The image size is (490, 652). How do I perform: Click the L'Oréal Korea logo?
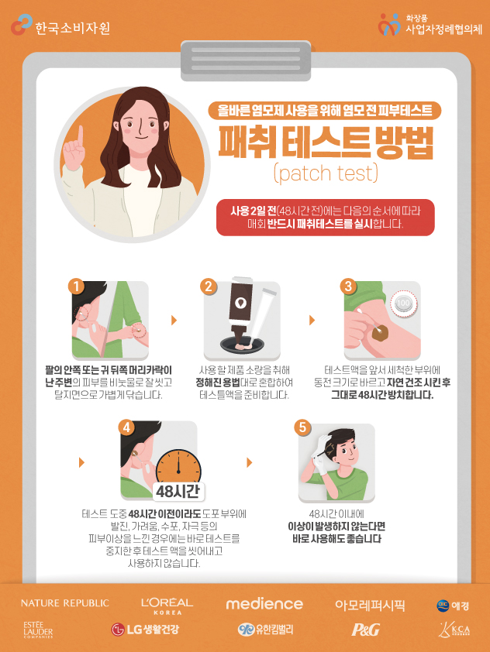(x=167, y=606)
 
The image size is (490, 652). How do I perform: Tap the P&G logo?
(x=366, y=630)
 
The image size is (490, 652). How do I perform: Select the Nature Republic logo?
(x=65, y=603)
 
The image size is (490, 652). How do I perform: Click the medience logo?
(x=264, y=604)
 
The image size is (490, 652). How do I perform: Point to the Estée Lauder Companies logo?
(x=38, y=630)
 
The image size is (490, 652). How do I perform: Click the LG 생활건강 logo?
(x=145, y=629)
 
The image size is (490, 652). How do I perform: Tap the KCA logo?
(x=454, y=630)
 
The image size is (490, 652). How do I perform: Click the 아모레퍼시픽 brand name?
(x=370, y=605)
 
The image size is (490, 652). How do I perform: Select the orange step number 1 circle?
(x=76, y=287)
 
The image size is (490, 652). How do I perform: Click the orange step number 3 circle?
(x=348, y=286)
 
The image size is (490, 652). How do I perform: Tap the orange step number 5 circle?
(x=302, y=427)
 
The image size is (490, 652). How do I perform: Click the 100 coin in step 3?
(x=403, y=303)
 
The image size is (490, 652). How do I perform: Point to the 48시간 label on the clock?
(x=178, y=492)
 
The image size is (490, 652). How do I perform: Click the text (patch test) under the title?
(x=326, y=173)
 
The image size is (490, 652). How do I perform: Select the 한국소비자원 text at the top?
(x=72, y=29)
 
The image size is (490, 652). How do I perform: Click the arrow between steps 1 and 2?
(x=174, y=320)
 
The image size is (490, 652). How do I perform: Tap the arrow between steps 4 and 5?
(x=250, y=462)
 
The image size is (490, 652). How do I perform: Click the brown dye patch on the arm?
(x=380, y=333)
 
